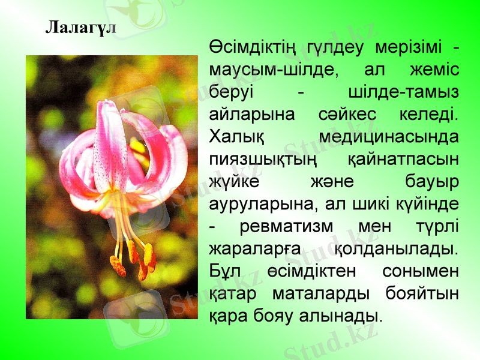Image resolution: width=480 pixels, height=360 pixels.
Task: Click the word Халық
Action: tap(236, 137)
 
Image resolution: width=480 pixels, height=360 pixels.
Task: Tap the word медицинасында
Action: tap(389, 137)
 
